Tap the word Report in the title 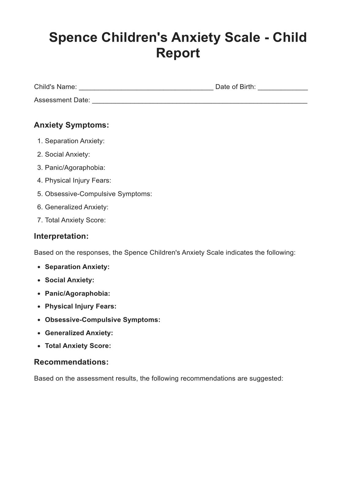click(178, 53)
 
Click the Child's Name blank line click(146, 88)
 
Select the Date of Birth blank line click(283, 88)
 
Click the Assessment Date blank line click(200, 101)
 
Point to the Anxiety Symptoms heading click(71, 125)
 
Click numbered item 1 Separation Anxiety click(75, 141)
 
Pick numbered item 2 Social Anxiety click(67, 154)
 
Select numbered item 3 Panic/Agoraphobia click(75, 167)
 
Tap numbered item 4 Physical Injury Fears click(78, 181)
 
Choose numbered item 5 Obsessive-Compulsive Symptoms click(98, 194)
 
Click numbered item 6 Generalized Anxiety click(77, 207)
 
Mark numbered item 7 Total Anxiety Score click(75, 220)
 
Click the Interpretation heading click(61, 236)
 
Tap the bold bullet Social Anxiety click(69, 280)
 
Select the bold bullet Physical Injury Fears click(81, 306)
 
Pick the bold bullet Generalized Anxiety click(79, 333)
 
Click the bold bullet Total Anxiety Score click(78, 346)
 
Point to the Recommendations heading click(71, 362)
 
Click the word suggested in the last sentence click(266, 379)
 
